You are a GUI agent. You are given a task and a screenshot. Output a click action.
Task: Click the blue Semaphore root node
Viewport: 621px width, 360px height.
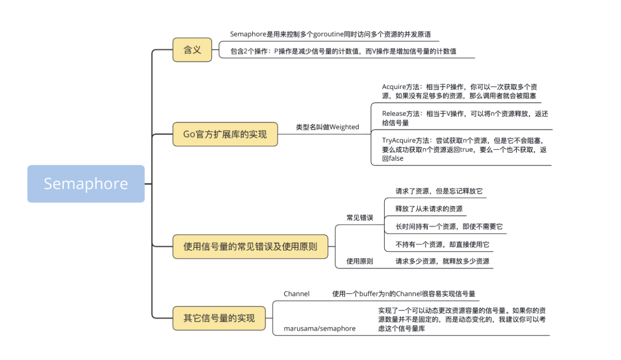coord(86,184)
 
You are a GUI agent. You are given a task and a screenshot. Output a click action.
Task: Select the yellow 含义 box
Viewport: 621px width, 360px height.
coord(192,49)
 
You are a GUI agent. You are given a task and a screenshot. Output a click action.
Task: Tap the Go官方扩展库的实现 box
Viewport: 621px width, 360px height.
coord(225,134)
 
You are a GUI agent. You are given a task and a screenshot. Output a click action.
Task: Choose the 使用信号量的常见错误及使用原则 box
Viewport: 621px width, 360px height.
coord(250,246)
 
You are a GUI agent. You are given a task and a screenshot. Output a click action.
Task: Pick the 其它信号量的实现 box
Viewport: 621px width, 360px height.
coord(219,318)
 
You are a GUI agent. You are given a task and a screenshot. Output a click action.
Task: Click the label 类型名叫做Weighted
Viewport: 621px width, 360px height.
coord(327,127)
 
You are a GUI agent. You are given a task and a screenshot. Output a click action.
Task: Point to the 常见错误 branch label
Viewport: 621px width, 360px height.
coord(359,218)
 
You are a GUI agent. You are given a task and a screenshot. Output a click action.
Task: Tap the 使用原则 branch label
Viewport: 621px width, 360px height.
coord(359,261)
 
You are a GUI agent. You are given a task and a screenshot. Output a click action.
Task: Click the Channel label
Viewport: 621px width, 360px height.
coord(297,294)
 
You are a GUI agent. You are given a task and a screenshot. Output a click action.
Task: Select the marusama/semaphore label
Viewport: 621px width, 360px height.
coord(319,328)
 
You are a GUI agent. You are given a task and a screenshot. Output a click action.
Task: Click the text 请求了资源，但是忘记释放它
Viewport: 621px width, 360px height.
coord(439,191)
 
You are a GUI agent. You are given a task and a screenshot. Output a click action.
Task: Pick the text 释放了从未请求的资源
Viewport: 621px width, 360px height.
coord(429,209)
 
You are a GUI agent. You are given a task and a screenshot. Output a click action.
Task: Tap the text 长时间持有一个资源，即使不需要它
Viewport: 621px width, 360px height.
coord(449,226)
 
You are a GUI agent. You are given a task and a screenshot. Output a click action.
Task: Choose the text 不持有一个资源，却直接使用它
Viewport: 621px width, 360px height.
coord(443,244)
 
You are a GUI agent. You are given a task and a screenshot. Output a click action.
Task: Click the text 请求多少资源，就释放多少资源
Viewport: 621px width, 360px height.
coord(443,261)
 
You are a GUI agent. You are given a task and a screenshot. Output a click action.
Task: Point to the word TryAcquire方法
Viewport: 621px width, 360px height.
coord(405,140)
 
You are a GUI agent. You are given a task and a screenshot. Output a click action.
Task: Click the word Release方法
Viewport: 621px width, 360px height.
coord(400,114)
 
